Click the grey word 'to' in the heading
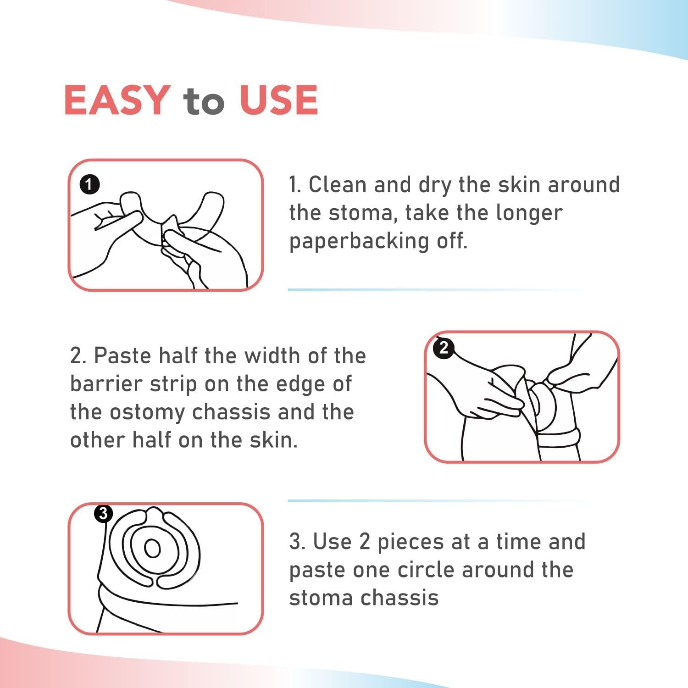[x=204, y=102]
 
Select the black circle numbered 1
[x=89, y=185]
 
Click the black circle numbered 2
[x=444, y=348]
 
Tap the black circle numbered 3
[x=103, y=513]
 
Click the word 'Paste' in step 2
[x=122, y=356]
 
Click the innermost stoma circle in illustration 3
[x=153, y=548]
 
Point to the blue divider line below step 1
[x=436, y=290]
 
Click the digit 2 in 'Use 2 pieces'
[x=365, y=542]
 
